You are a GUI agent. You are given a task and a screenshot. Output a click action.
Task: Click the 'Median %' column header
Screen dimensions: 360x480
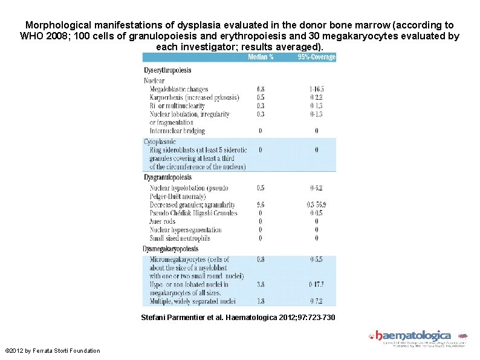(x=261, y=57)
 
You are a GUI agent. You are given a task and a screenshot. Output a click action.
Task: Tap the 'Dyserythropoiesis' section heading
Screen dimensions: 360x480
(x=167, y=70)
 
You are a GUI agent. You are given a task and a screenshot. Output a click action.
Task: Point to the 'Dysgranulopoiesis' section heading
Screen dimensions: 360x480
(x=167, y=177)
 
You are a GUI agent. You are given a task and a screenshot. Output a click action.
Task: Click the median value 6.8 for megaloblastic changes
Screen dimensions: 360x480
(x=261, y=89)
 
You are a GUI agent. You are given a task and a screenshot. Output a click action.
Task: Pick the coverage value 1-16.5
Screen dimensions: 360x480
(x=317, y=89)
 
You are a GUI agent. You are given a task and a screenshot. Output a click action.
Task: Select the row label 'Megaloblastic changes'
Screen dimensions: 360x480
(x=179, y=89)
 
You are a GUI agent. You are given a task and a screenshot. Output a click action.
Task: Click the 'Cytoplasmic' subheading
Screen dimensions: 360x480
(x=160, y=142)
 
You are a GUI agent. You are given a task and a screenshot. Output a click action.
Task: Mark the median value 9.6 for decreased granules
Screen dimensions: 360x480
(x=261, y=205)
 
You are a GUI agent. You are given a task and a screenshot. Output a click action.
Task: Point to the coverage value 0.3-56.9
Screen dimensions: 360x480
(x=317, y=205)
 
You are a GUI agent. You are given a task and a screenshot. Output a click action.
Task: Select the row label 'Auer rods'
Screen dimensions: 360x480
(x=163, y=221)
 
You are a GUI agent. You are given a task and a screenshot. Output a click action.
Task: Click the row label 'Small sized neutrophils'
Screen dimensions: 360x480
(x=180, y=238)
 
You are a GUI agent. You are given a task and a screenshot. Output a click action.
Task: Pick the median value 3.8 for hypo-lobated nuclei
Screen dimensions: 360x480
(x=261, y=284)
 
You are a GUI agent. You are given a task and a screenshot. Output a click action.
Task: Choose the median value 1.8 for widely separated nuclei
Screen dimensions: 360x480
(x=261, y=301)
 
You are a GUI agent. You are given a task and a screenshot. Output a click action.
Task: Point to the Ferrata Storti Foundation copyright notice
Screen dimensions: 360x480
(x=52, y=351)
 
